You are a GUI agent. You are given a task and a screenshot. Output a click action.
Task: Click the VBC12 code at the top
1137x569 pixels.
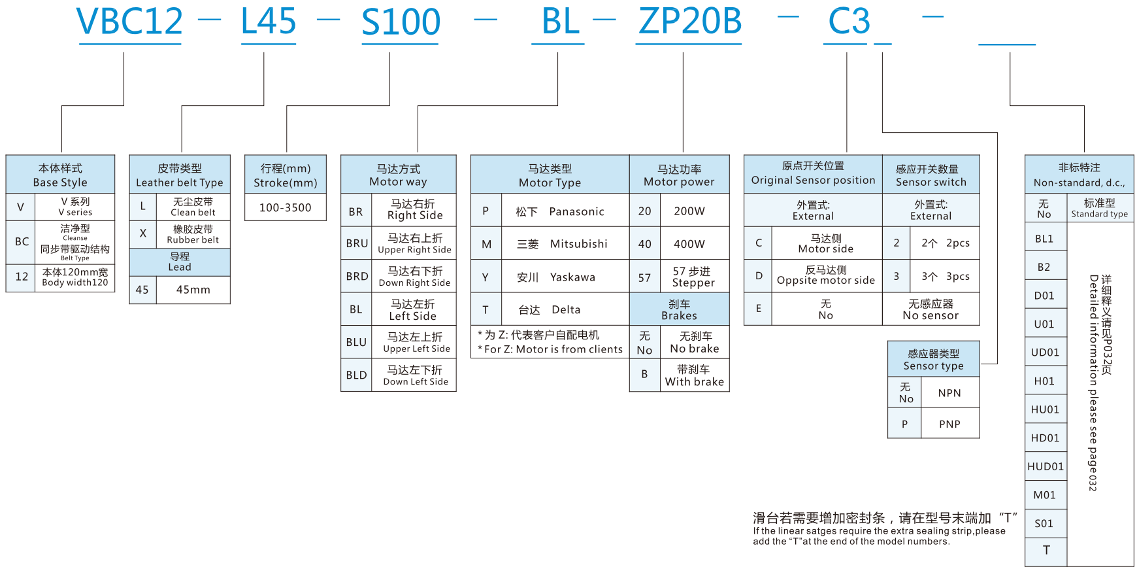(x=130, y=22)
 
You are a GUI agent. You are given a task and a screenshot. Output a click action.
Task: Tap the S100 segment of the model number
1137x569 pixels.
(x=401, y=22)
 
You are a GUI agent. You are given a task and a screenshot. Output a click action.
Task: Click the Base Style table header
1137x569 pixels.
(x=60, y=175)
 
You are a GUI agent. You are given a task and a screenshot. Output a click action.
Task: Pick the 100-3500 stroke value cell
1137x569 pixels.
(x=285, y=207)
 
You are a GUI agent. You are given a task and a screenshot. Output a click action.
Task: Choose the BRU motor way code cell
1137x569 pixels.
(x=357, y=243)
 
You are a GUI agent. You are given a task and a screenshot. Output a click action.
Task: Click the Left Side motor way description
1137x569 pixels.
(x=412, y=310)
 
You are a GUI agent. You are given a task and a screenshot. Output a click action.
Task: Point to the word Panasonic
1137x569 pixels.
(x=576, y=211)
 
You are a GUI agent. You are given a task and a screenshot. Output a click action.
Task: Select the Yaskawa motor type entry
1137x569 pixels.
(x=572, y=277)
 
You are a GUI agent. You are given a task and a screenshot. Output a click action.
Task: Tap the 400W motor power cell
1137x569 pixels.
(x=689, y=244)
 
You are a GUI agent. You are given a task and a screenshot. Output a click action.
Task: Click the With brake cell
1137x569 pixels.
(x=694, y=375)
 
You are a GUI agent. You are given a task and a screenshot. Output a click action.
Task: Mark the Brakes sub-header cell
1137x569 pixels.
(x=679, y=309)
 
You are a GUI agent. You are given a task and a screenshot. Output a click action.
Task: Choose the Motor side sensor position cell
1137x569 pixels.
(x=825, y=243)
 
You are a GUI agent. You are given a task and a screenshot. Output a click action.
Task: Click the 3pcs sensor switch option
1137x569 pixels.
(x=945, y=277)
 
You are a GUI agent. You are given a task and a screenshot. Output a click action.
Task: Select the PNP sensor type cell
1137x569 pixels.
(x=949, y=424)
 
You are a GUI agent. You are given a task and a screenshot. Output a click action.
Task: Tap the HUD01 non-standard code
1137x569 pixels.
(x=1045, y=466)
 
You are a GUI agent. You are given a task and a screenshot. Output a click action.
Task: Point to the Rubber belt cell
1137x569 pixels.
(x=193, y=234)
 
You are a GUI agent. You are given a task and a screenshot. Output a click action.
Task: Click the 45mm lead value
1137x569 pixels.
(x=193, y=290)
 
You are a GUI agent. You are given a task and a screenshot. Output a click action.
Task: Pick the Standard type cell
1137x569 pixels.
(x=1099, y=208)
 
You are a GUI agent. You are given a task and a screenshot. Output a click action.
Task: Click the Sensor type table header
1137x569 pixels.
(x=933, y=359)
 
